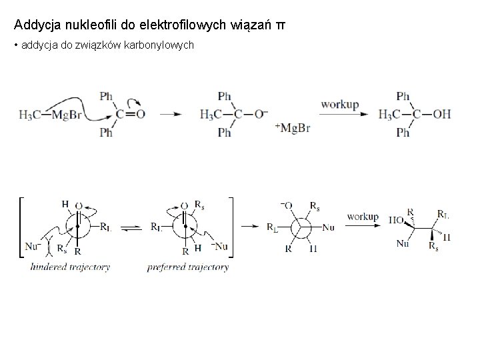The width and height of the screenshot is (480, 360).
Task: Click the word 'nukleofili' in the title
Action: (83, 25)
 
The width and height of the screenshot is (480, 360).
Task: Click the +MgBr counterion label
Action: (292, 127)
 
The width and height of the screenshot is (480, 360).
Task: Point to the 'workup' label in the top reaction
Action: (340, 105)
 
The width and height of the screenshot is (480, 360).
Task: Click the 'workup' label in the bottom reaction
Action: (363, 217)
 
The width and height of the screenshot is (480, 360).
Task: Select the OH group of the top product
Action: (441, 115)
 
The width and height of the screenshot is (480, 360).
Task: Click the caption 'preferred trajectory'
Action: (188, 267)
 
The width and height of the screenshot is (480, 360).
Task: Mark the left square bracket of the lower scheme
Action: (22, 227)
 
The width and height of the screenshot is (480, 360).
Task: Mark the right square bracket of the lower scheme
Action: (231, 227)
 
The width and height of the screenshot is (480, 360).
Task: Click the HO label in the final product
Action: (395, 218)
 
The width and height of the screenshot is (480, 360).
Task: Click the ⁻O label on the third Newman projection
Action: (286, 205)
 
